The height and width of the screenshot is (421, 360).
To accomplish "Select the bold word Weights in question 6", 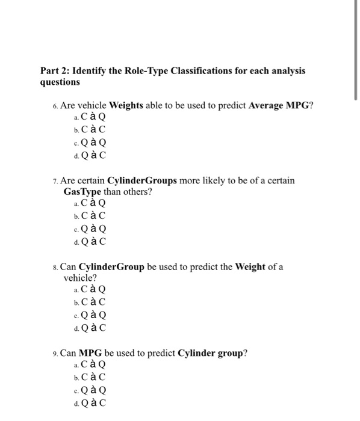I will click(x=126, y=105).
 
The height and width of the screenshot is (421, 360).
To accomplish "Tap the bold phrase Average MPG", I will click(x=281, y=105).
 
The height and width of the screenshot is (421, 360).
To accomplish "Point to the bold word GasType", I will click(x=82, y=192).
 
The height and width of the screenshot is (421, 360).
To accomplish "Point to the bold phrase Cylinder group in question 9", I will click(x=211, y=353).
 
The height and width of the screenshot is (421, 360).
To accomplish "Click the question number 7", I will click(x=55, y=180).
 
